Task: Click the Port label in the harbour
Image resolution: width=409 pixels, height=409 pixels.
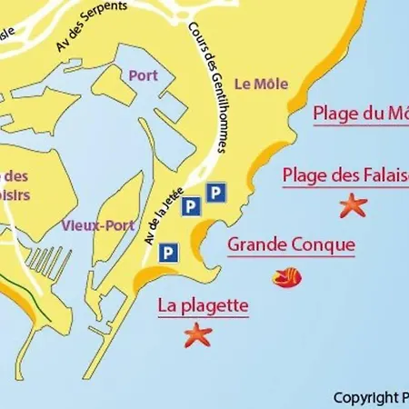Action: point(143,76)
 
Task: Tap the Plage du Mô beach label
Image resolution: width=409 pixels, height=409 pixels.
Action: point(360,114)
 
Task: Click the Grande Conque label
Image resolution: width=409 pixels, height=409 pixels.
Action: point(291,244)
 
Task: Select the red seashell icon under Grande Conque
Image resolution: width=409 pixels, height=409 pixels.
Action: point(288,275)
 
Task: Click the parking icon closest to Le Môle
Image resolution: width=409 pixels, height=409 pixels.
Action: point(215,192)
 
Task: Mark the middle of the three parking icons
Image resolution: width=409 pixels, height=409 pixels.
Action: point(190,208)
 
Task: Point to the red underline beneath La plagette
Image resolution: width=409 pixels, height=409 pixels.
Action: point(203,317)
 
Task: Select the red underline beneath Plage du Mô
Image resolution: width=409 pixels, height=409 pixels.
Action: point(360,126)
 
